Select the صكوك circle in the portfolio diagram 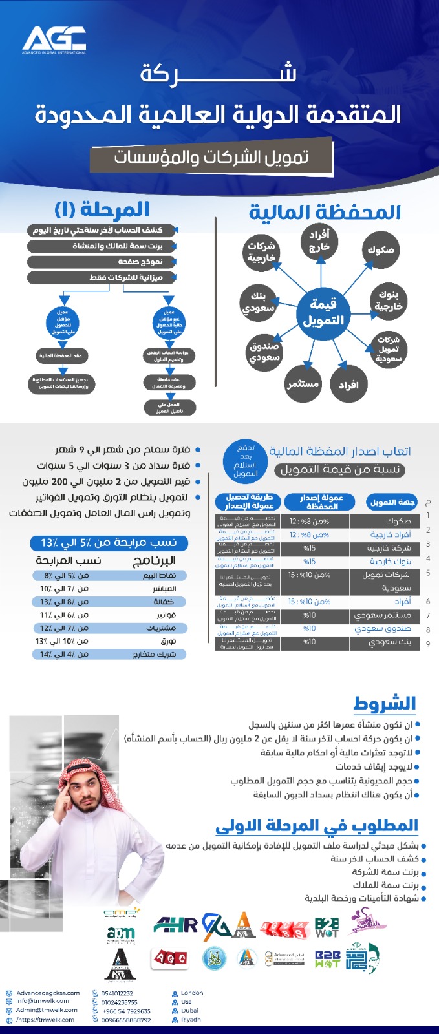pos(381,249)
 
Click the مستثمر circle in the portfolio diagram pos(303,384)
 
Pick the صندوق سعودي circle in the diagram pos(264,352)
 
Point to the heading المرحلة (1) pos(102,209)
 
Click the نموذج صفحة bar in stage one pos(102,262)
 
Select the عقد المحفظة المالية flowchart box pos(61,355)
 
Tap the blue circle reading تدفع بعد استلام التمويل pos(245,460)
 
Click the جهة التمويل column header pos(392,502)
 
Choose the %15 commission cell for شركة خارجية pos(310,548)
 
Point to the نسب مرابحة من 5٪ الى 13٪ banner pos(109,542)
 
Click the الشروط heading pos(384,703)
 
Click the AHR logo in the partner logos pos(175,925)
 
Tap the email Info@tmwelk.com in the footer pos(43,1001)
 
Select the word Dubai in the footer pos(189,1010)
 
